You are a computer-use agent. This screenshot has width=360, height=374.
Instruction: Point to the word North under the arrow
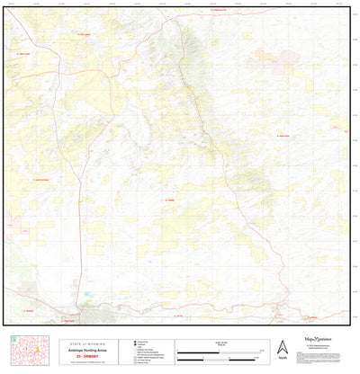pos(282,358)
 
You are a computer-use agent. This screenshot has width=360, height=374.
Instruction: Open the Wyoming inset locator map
pos(29,350)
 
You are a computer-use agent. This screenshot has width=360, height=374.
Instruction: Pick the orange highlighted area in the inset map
pos(30,345)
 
